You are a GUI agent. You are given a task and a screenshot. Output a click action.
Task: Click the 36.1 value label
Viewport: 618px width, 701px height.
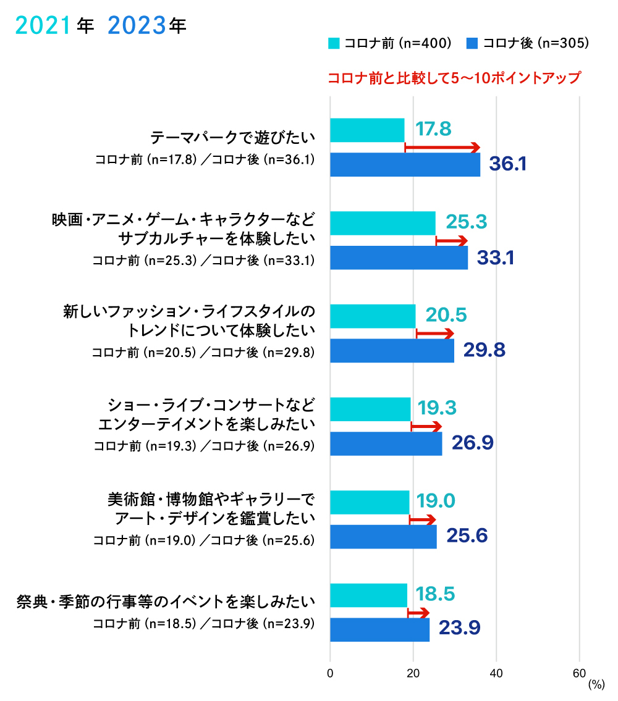click(507, 164)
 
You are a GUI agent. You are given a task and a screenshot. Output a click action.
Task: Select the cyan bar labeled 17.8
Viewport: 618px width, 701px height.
click(367, 130)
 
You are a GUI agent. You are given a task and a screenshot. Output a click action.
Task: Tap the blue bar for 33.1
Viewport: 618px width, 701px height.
click(399, 258)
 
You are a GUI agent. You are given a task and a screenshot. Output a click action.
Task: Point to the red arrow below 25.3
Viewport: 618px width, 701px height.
click(452, 241)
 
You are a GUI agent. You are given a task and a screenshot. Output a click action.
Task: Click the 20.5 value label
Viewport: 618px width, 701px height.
click(446, 316)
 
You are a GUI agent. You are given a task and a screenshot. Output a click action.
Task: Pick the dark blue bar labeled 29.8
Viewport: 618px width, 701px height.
click(392, 351)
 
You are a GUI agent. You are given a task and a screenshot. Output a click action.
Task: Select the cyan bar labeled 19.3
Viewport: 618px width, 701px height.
click(370, 409)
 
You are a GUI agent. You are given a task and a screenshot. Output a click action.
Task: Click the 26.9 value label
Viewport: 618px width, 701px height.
click(472, 443)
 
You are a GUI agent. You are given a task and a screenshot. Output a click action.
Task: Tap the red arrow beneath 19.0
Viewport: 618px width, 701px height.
click(423, 520)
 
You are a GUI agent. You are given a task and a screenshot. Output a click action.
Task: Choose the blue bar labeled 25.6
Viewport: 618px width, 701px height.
click(383, 537)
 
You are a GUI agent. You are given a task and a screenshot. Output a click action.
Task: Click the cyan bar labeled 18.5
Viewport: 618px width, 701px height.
click(368, 595)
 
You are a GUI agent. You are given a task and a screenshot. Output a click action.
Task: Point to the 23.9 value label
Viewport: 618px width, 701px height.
click(459, 629)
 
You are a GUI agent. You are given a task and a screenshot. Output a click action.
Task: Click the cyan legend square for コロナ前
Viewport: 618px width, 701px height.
click(334, 43)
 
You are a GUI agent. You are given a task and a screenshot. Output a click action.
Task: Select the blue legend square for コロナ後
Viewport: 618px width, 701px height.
click(473, 43)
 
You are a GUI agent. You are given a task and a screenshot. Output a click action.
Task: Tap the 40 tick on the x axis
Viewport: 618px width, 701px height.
click(496, 673)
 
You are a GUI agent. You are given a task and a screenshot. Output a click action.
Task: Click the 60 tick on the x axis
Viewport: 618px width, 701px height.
click(579, 673)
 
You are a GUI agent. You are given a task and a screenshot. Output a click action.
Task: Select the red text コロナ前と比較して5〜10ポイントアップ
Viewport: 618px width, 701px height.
click(454, 79)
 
